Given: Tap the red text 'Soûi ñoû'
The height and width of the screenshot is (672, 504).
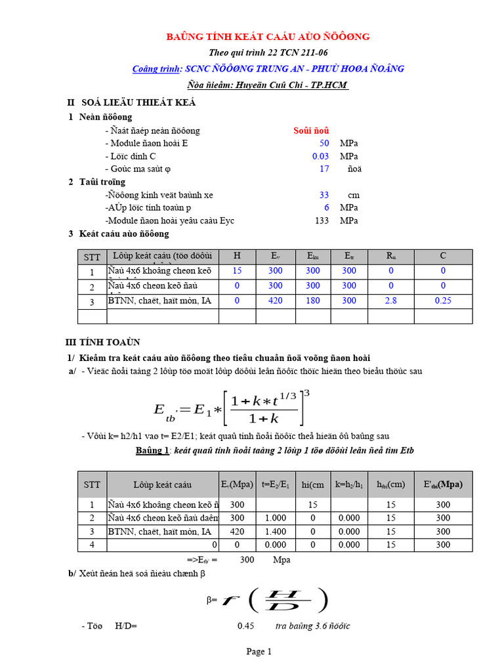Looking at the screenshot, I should coord(311,131).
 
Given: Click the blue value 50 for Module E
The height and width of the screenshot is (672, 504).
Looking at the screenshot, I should coord(324,143).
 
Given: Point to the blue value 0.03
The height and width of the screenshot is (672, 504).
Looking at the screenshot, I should coord(320,156).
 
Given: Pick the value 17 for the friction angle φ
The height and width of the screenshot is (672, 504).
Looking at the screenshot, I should coord(324,169).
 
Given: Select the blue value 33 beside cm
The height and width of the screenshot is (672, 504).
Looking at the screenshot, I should coord(324,195).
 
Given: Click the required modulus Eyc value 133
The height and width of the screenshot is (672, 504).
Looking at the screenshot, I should coord(322,220).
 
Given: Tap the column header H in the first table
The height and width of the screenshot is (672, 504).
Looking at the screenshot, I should coord(238,257).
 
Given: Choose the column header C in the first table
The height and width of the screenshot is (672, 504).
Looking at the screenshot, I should coord(443,257).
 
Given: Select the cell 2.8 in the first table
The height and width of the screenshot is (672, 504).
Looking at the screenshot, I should coord(391,301).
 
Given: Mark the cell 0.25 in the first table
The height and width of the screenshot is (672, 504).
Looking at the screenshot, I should coord(443,301).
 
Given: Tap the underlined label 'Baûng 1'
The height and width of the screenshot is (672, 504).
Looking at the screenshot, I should coord(152,451).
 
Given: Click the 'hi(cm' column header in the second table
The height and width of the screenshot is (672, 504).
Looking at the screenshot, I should coord(312,485).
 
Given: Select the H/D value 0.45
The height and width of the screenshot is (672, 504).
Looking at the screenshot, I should coord(245,626).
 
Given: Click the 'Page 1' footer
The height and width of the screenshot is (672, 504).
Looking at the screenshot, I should coord(259,652).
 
